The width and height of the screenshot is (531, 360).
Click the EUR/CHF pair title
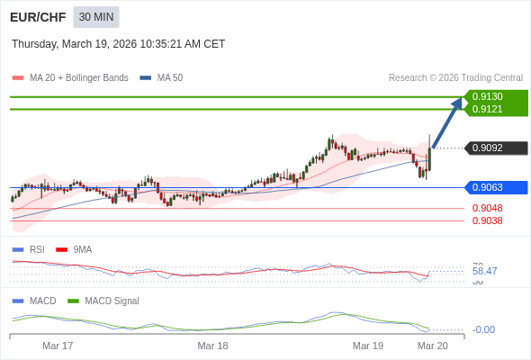[37, 17]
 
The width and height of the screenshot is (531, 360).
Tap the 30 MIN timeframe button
[96, 17]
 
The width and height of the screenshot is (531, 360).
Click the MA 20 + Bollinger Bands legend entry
[78, 77]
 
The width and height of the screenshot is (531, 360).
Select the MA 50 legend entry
[169, 77]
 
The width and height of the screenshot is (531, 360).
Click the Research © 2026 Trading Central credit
[455, 77]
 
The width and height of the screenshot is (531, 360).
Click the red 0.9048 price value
[487, 208]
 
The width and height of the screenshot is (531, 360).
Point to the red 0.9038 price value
[487, 220]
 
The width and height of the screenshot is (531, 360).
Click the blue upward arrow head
[456, 103]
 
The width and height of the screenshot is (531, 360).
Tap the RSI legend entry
[36, 249]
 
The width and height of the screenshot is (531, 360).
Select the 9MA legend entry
[82, 249]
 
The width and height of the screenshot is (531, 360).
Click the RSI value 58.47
[484, 271]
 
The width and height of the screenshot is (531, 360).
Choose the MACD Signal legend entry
[112, 301]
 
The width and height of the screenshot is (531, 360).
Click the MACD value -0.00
[484, 329]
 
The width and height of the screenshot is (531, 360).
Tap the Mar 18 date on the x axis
[212, 346]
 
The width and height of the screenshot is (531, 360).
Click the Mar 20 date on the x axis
[432, 346]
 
